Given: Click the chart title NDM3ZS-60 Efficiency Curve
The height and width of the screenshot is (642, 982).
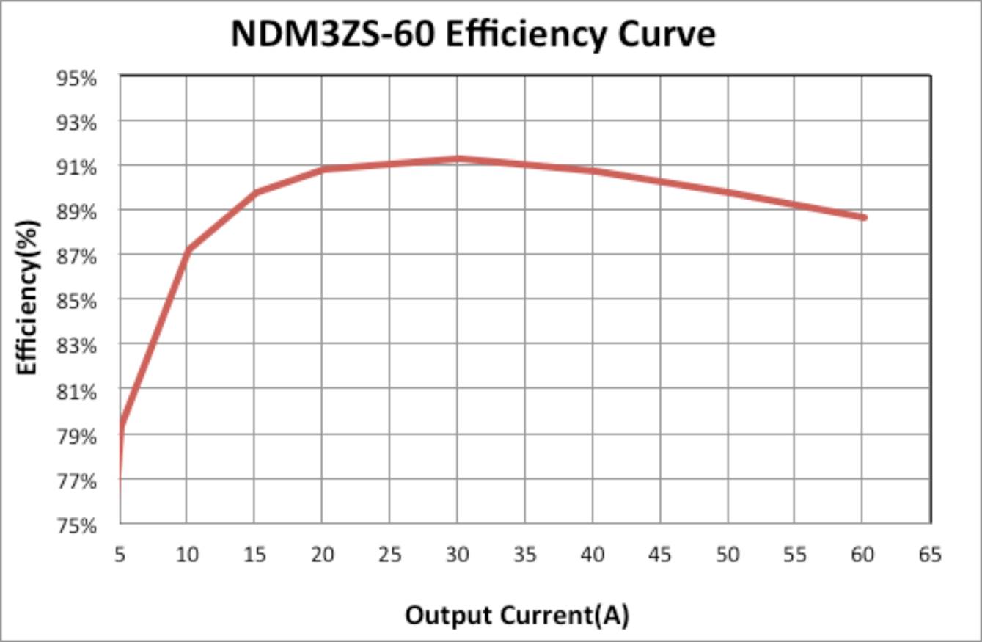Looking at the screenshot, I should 473,34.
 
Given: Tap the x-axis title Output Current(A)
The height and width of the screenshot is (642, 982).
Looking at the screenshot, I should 517,615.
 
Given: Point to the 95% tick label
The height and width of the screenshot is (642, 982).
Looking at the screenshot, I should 77,77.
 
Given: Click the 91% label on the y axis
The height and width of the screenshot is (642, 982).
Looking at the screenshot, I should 77,167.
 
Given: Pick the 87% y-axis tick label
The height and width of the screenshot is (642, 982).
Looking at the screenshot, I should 77,256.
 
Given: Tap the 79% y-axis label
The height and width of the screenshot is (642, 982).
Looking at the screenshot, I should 77,436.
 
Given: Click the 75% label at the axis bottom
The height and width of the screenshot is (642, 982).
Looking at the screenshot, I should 77,525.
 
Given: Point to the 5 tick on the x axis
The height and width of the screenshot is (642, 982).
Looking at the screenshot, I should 120,555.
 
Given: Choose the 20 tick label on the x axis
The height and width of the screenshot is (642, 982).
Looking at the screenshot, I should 322,555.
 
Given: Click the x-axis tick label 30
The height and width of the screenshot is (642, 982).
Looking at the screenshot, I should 457,555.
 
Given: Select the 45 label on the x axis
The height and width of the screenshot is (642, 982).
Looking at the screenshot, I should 660,555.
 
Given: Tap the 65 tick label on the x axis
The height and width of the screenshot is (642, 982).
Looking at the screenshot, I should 930,555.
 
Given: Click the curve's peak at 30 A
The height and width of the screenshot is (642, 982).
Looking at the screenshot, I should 458,158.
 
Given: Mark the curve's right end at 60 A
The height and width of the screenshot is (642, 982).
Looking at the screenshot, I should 864,217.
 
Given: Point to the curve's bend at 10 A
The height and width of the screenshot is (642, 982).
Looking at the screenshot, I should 188,249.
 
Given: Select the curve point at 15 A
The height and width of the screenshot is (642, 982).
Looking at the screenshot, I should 255,193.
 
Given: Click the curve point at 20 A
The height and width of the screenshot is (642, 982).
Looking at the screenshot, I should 323,169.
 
